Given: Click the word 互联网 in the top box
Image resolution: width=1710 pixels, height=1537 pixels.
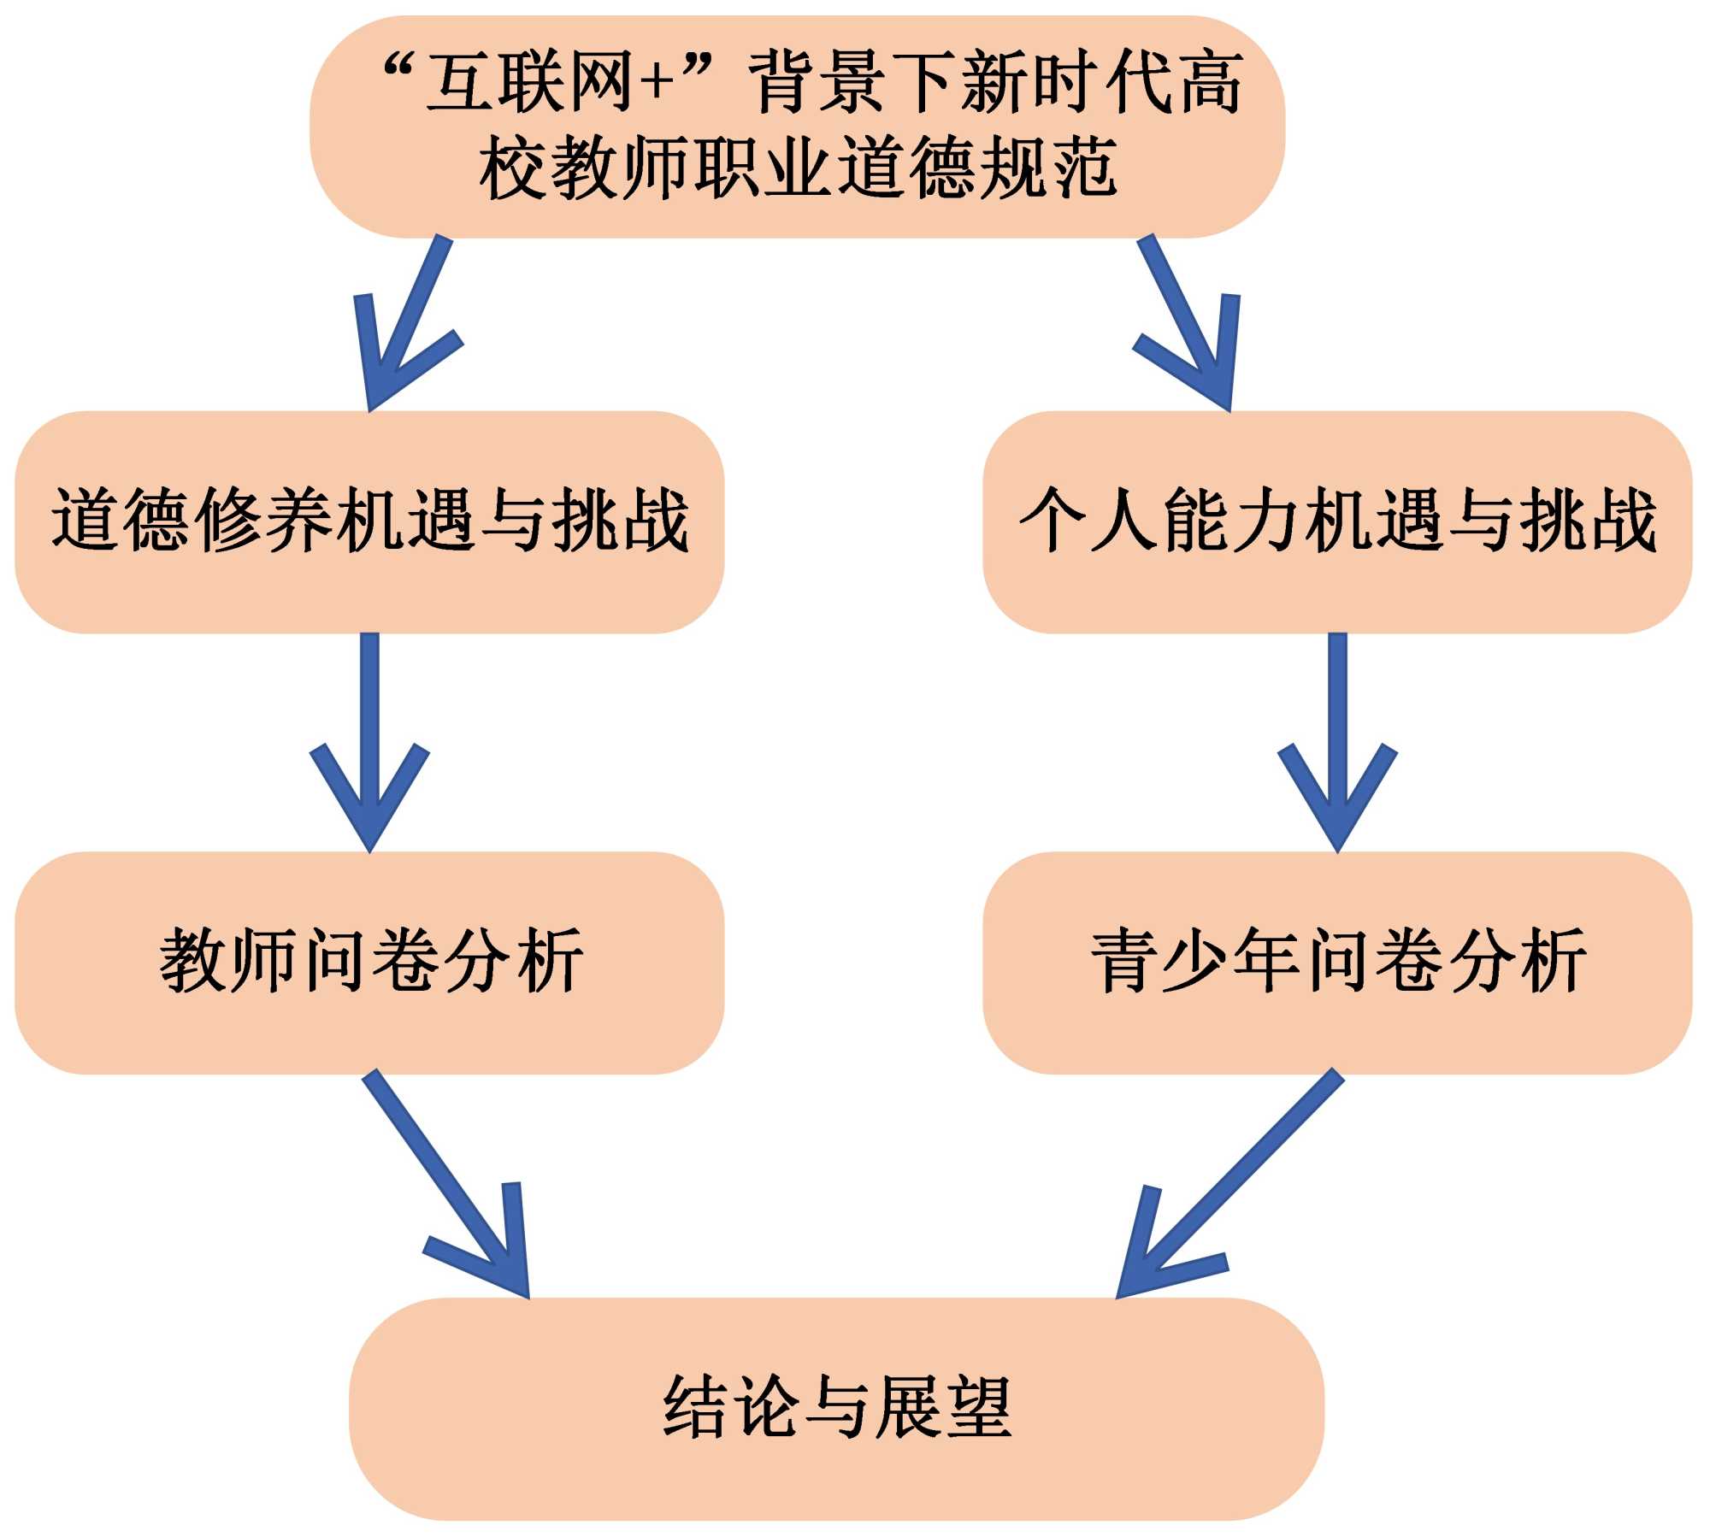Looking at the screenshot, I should tap(530, 83).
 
